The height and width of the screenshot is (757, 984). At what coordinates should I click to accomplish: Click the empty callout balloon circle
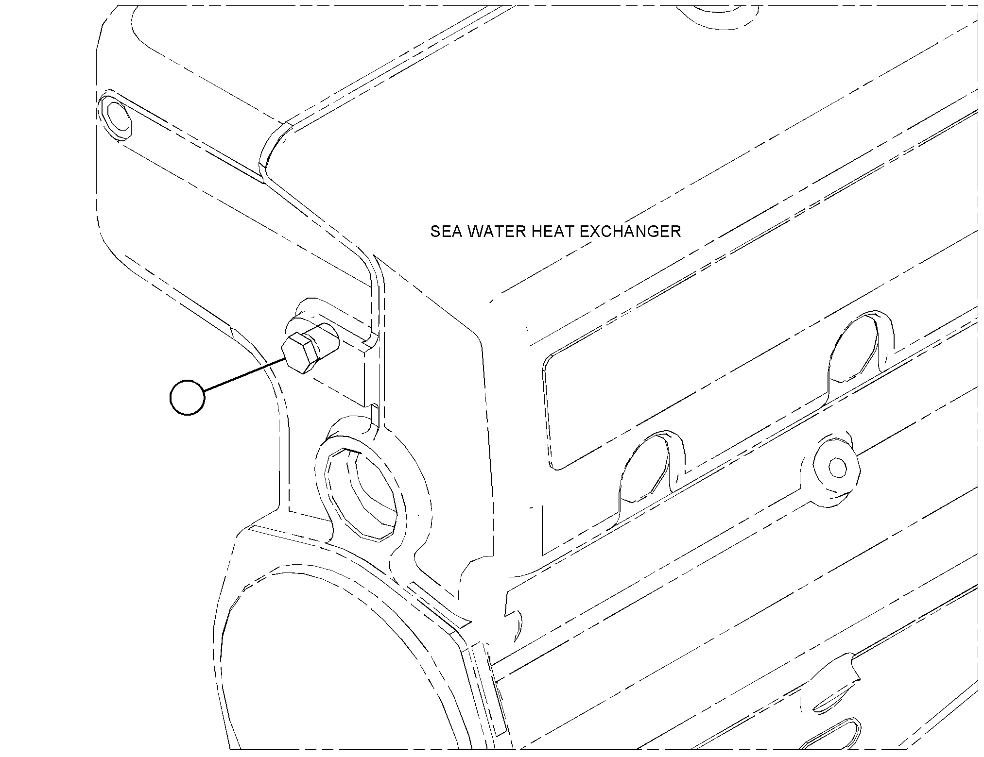click(x=188, y=397)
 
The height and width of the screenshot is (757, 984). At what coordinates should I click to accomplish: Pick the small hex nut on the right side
click(x=836, y=468)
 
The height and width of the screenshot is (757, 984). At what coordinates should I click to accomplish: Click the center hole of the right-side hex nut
click(x=837, y=468)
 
